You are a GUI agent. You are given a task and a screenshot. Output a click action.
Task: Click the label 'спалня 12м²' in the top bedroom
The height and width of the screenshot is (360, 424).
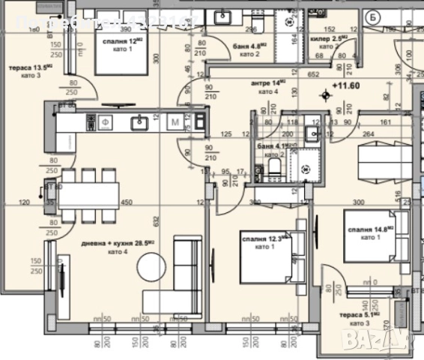pos(122,42)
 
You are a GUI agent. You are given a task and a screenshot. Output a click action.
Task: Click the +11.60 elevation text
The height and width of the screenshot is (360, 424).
pos(345,93)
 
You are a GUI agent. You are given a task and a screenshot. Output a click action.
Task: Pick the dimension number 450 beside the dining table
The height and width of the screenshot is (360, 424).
pos(128,201)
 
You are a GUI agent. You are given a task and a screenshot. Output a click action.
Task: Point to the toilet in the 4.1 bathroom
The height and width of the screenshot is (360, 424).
pos(275,169)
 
